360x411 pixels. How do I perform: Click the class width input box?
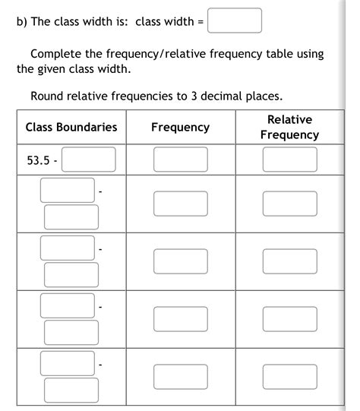[235, 21]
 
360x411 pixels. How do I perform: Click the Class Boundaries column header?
[71, 127]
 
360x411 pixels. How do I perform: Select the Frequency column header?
[180, 127]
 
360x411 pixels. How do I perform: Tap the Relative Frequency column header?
[289, 127]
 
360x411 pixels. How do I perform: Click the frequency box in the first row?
[180, 160]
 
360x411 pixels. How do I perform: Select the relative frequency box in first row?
[289, 160]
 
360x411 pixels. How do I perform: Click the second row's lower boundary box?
[68, 189]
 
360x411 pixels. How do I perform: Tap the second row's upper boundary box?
[71, 217]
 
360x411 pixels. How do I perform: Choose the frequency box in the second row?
[180, 203]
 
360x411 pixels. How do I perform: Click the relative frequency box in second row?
[289, 203]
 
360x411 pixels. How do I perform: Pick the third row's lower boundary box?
[68, 247]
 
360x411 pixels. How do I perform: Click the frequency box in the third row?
[180, 261]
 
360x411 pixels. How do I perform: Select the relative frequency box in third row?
[289, 261]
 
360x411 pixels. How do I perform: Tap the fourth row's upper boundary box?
[71, 332]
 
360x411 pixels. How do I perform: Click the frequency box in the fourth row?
[180, 318]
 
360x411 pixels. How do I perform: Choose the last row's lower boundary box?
[68, 362]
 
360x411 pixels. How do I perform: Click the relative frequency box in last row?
[289, 376]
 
